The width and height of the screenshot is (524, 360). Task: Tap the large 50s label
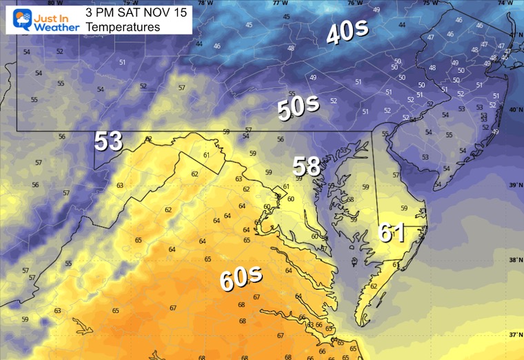[x=298, y=108]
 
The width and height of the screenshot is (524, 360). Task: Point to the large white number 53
[x=109, y=141]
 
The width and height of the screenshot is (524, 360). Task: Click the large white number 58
[x=307, y=166]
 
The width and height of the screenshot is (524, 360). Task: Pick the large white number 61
[x=391, y=232]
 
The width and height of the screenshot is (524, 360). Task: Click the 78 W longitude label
[x=202, y=3]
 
